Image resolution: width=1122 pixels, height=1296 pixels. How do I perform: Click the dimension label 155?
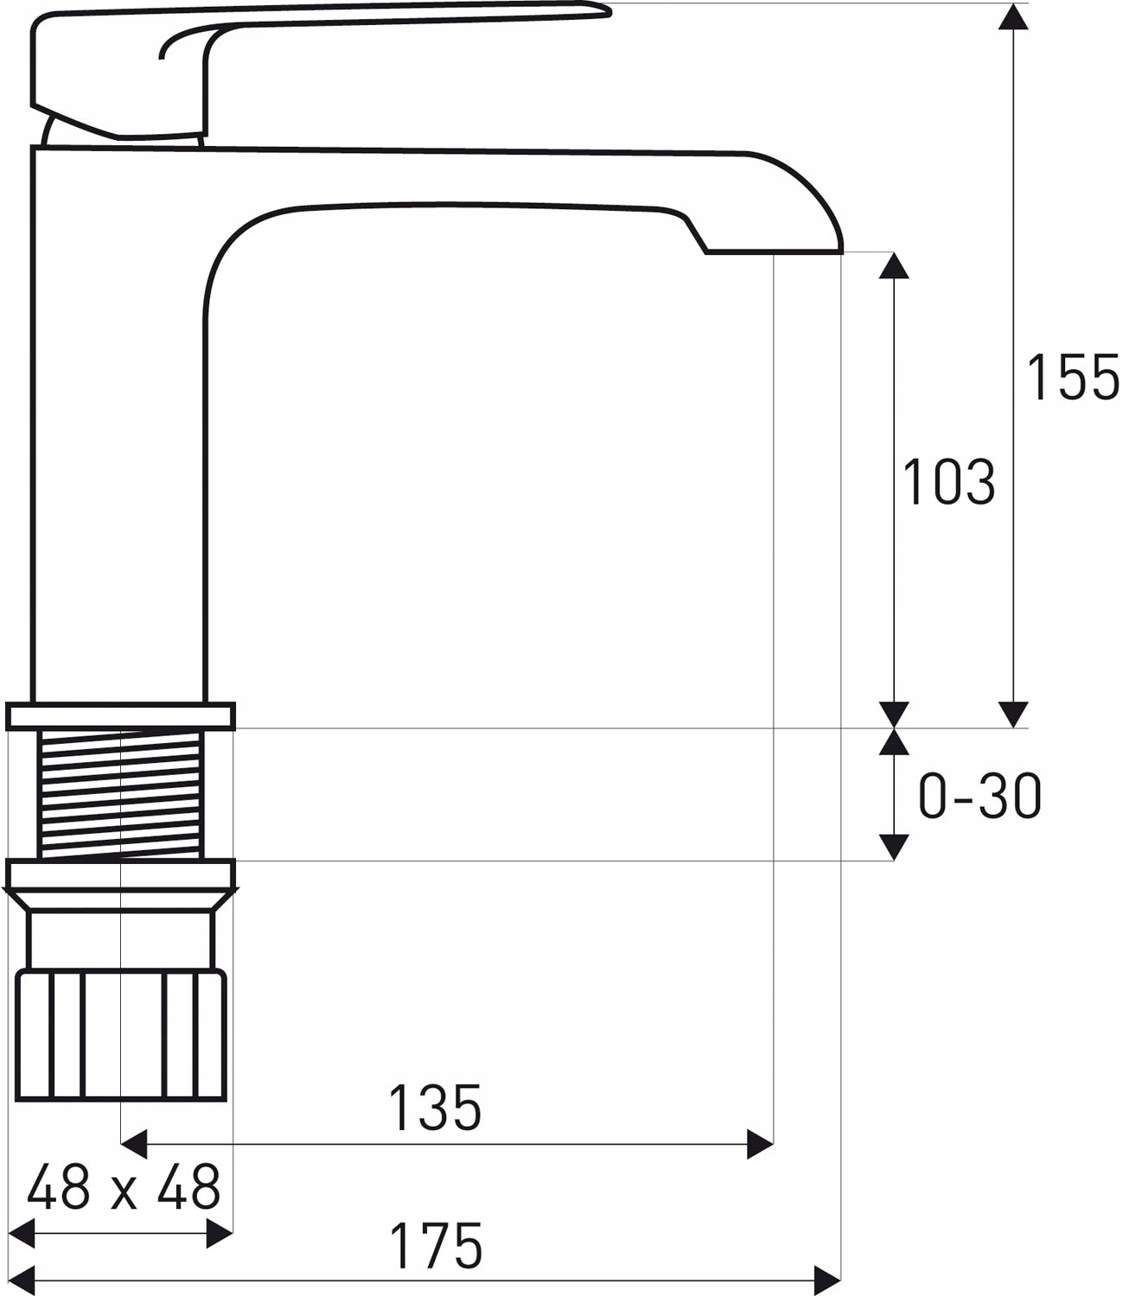pos(1072,377)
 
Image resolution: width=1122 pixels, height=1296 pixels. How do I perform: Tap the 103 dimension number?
pos(948,481)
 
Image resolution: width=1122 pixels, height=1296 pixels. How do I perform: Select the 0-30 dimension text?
pos(979,796)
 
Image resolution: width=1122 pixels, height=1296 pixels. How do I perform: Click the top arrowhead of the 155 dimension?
pos(1013,16)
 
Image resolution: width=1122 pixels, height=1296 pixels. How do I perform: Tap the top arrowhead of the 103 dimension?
pos(894,265)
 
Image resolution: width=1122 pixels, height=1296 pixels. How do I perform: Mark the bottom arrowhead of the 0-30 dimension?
pos(894,848)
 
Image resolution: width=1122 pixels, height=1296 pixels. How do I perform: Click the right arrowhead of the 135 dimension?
pos(760,1144)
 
